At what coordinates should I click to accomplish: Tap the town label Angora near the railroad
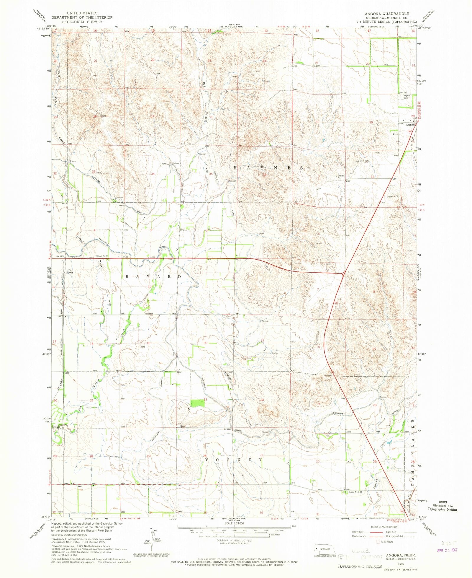point(410,125)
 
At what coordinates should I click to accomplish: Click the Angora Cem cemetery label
point(407,97)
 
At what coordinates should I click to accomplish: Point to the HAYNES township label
point(268,168)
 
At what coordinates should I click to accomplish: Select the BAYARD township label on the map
point(154,276)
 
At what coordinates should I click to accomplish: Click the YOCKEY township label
point(233,460)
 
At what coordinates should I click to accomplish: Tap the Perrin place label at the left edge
point(69,272)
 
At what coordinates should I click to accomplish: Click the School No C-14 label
point(355,492)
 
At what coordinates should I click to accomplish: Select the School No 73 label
point(102,256)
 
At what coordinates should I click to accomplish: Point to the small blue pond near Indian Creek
point(389,442)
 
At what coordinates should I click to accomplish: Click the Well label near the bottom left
point(80,486)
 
